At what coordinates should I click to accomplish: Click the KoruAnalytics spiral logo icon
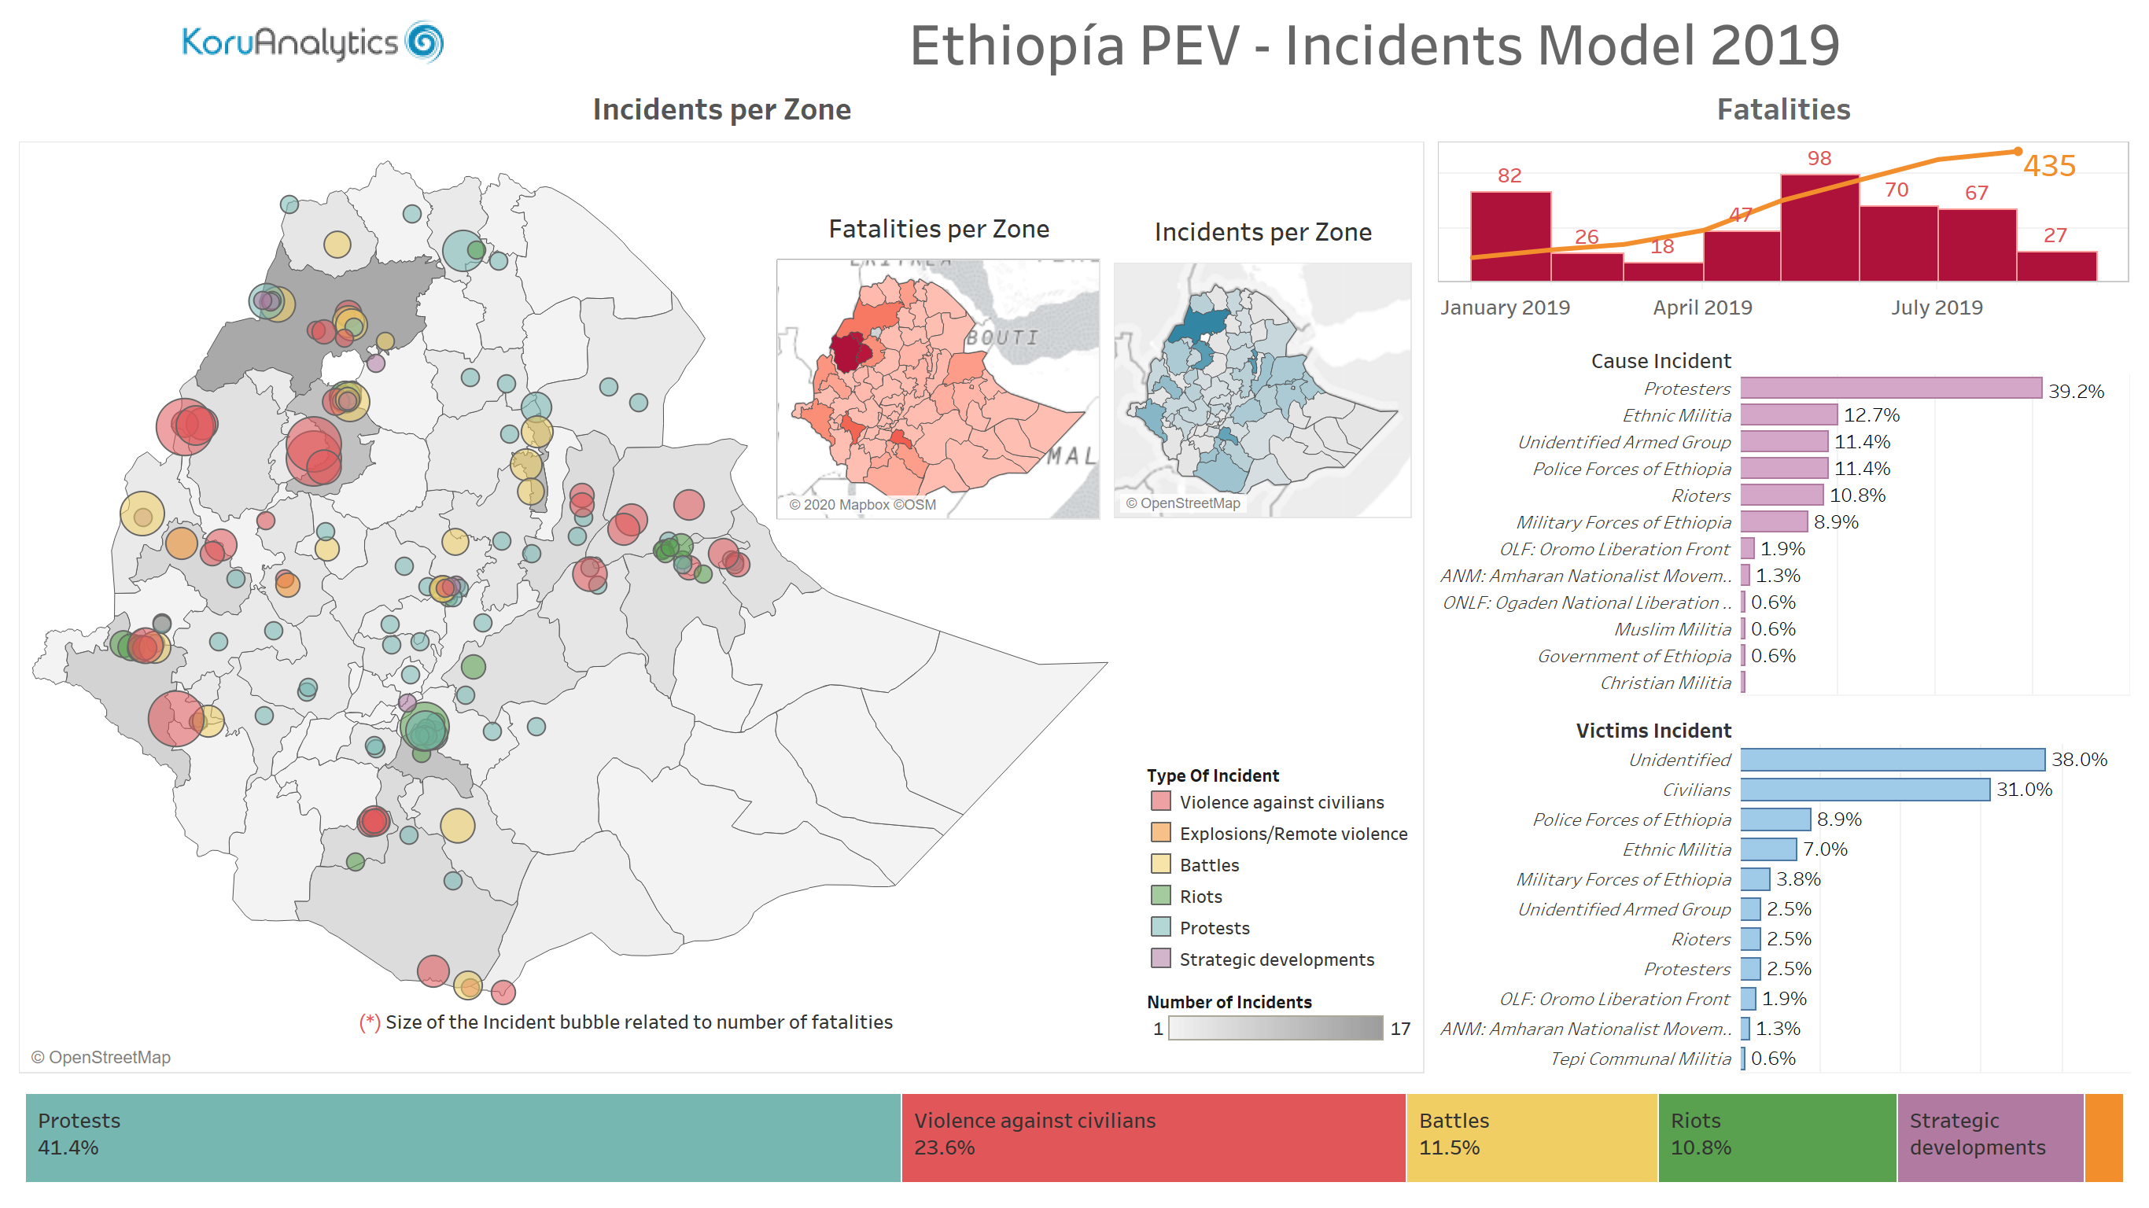[x=424, y=42]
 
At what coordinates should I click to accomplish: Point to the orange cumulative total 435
[x=2049, y=165]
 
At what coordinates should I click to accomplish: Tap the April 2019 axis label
[x=1702, y=308]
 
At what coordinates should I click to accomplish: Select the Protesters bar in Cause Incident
[x=1890, y=388]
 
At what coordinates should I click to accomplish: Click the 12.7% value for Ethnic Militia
[x=1871, y=414]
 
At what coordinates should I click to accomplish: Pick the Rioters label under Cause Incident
[x=1700, y=495]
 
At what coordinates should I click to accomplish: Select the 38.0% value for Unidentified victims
[x=2078, y=759]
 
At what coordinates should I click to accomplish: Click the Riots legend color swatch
[x=1159, y=896]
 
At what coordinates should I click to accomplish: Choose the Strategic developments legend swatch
[x=1159, y=959]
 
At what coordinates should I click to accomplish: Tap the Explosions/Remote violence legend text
[x=1292, y=834]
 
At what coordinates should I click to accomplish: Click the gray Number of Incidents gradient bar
[x=1275, y=1028]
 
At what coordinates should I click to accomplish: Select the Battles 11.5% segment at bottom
[x=1531, y=1137]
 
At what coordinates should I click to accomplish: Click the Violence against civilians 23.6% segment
[x=1153, y=1137]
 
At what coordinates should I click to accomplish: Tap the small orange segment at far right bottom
[x=2103, y=1137]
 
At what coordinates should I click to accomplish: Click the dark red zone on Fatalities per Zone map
[x=849, y=352]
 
